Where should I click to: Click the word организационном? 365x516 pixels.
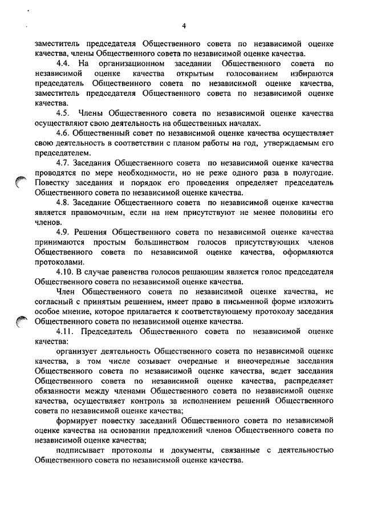click(x=132, y=63)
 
